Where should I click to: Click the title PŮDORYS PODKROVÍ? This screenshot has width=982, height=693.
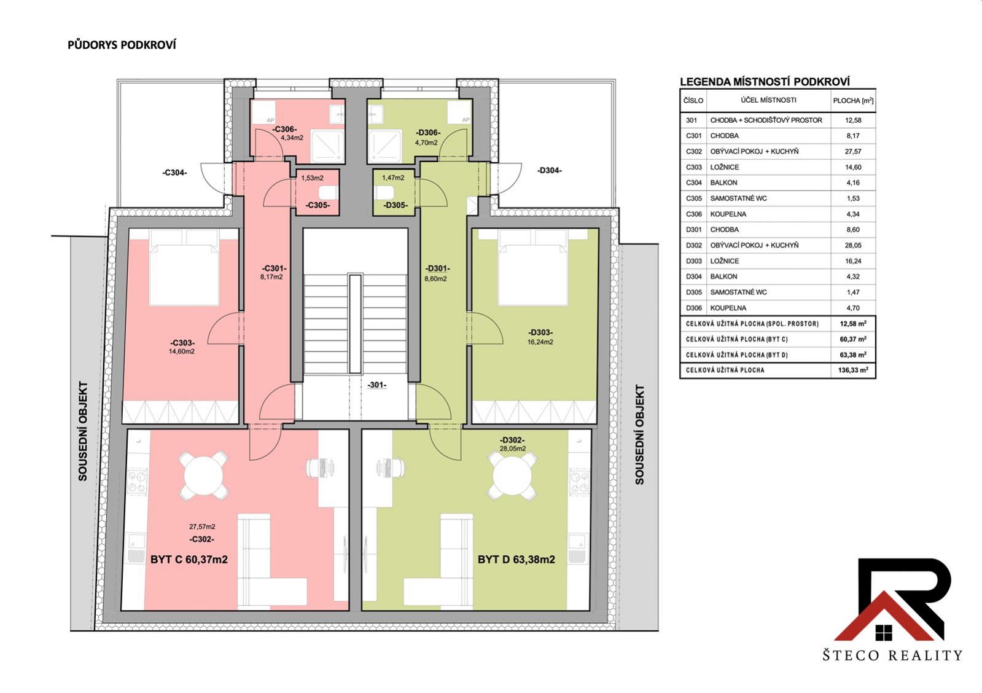coord(122,45)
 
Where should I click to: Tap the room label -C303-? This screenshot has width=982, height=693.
coord(182,343)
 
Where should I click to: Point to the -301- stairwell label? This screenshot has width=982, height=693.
coord(377,385)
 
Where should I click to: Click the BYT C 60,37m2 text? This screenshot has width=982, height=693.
coord(189,560)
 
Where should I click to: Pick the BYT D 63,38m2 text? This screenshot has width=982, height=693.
coord(516,560)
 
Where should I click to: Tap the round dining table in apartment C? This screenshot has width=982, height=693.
coord(204,476)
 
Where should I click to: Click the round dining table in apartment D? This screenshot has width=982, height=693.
coord(512,476)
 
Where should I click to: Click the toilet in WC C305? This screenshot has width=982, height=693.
coord(329,192)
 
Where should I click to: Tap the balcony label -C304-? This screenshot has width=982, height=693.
coord(175,173)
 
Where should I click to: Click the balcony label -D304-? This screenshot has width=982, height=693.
coord(549,171)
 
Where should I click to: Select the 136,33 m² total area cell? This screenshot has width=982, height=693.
coord(853,370)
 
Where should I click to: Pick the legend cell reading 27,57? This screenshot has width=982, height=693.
coord(853,152)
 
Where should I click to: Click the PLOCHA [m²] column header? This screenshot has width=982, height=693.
coord(853,101)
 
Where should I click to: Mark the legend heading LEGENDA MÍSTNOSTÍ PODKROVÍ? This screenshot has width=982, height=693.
coord(765,82)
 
